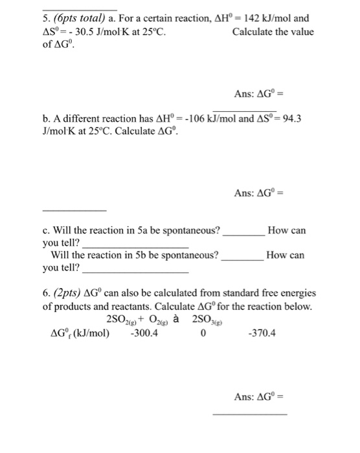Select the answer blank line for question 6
(249, 413)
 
